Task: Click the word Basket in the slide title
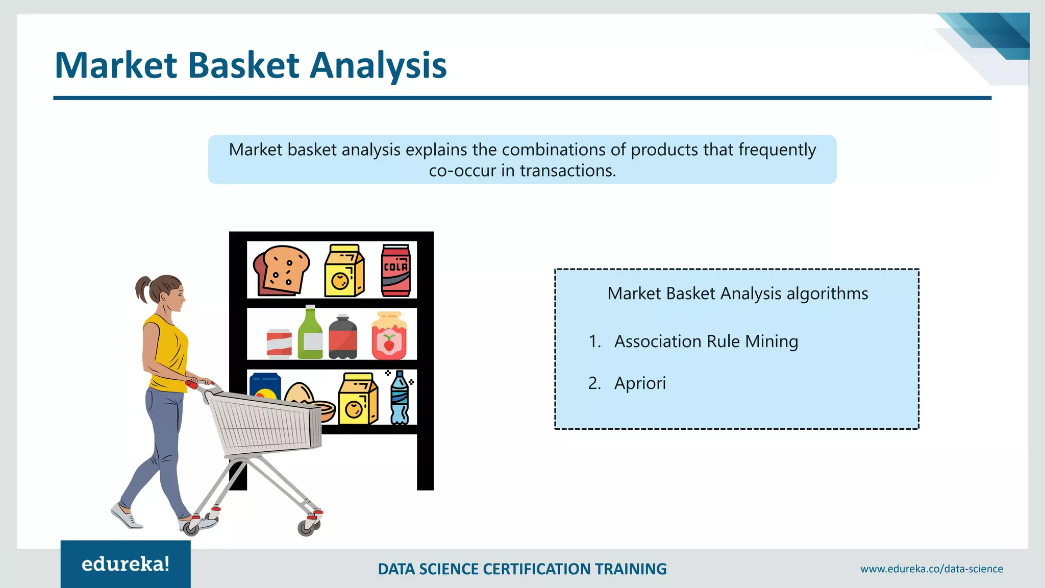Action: click(x=243, y=65)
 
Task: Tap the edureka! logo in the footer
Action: click(x=126, y=564)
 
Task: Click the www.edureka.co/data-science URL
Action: click(x=931, y=569)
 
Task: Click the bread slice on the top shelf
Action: click(x=281, y=271)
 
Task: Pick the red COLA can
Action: click(x=396, y=271)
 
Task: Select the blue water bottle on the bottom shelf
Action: click(x=399, y=398)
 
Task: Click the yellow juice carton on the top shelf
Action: click(x=344, y=271)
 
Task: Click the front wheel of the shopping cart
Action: click(x=306, y=528)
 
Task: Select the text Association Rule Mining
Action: click(x=706, y=341)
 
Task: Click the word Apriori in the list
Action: click(x=640, y=383)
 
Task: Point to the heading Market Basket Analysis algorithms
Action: click(x=737, y=293)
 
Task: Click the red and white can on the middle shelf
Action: click(x=279, y=343)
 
